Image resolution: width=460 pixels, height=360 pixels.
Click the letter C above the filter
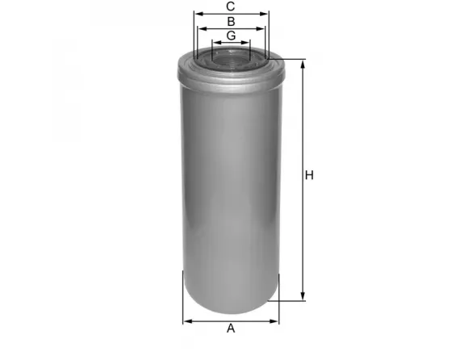pyautogui.click(x=231, y=6)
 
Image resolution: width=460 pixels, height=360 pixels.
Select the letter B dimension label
pyautogui.click(x=231, y=21)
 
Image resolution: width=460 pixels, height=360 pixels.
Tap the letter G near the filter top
pyautogui.click(x=231, y=36)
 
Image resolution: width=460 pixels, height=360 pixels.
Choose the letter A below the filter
pyautogui.click(x=231, y=329)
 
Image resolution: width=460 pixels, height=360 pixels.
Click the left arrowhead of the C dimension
pyautogui.click(x=197, y=14)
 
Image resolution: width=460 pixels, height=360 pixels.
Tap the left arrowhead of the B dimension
pyautogui.click(x=202, y=28)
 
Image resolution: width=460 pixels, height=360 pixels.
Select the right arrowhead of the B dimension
pyautogui.click(x=261, y=28)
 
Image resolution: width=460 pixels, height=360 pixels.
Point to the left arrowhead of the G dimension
pyautogui.click(x=214, y=43)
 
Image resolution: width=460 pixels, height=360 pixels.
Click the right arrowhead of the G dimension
pyautogui.click(x=249, y=43)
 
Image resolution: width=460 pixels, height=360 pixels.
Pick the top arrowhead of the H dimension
pyautogui.click(x=303, y=64)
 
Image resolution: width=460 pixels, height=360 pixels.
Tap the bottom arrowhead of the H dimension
pyautogui.click(x=303, y=296)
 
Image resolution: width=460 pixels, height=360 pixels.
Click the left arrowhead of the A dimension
pyautogui.click(x=186, y=320)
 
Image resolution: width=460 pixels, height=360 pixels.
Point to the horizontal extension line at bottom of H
pyautogui.click(x=291, y=300)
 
